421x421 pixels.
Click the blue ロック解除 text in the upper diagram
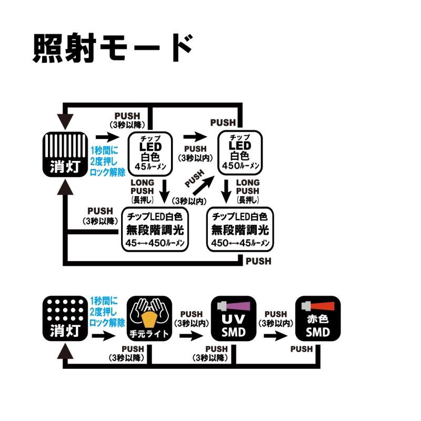pyautogui.click(x=107, y=172)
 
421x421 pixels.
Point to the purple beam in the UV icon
pyautogui.click(x=237, y=305)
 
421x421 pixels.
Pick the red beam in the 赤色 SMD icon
pyautogui.click(x=323, y=305)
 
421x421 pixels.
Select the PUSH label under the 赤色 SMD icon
pyautogui.click(x=301, y=348)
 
